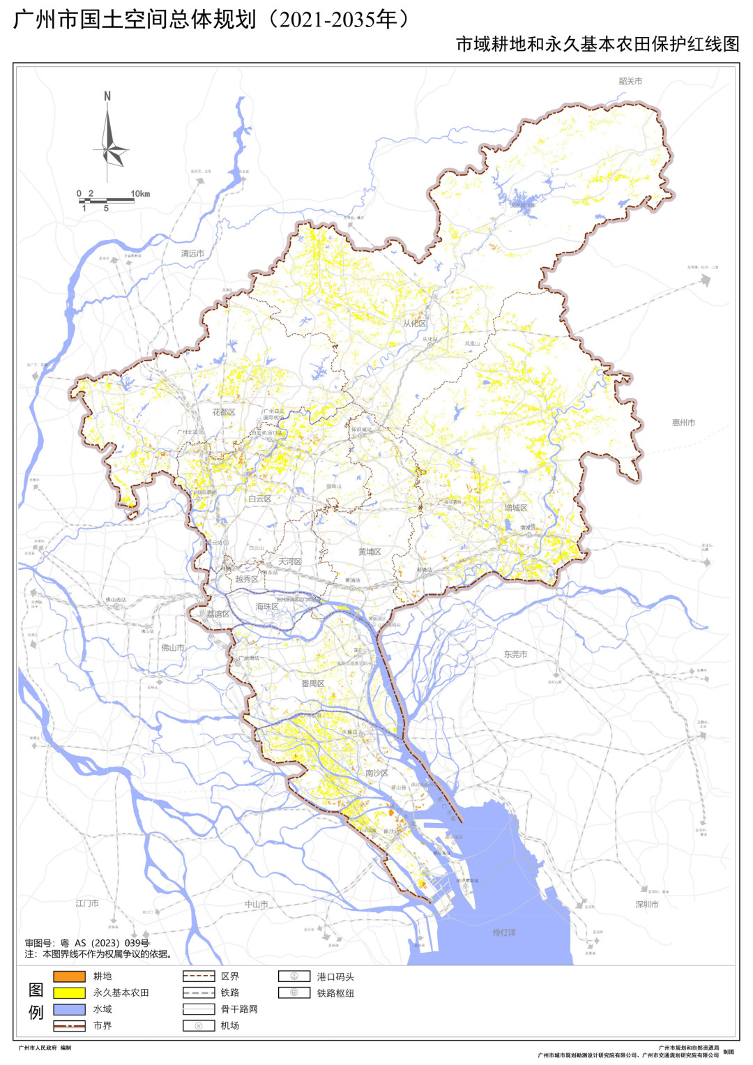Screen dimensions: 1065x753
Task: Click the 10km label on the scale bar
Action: point(140,194)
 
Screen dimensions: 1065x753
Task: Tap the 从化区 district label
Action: point(414,324)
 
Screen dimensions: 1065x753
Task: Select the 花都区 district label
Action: point(224,412)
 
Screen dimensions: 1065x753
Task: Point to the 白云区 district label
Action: point(259,499)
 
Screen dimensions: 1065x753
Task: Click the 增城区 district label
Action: point(516,508)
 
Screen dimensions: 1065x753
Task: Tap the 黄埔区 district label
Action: point(370,552)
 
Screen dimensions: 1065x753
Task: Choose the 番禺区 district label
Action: point(313,683)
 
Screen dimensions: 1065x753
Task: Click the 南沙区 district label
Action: point(376,773)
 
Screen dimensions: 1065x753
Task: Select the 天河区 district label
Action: point(290,561)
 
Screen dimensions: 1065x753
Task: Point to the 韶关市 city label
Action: point(630,81)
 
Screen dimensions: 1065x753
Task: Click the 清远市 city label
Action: point(192,253)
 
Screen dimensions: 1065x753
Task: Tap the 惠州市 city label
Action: point(683,423)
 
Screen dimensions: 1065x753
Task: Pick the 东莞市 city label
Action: point(515,654)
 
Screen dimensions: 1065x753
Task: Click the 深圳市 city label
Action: point(646,904)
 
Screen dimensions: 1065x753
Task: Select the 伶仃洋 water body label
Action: point(504,932)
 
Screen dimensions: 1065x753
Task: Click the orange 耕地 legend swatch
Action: point(69,976)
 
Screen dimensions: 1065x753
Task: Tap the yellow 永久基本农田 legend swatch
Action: point(69,992)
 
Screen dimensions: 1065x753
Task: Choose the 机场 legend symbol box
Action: point(198,1025)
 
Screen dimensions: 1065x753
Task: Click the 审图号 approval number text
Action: point(87,943)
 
